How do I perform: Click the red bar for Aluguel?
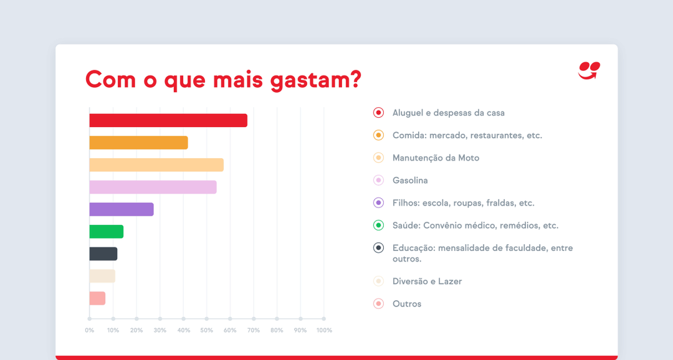168,120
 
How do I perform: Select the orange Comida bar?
138,143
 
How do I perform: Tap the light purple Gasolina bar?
153,187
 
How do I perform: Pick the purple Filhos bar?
122,209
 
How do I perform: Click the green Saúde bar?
107,232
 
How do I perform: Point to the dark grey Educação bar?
103,253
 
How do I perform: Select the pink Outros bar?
97,298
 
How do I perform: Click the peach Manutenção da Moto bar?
156,165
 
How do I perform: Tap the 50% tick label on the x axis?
206,330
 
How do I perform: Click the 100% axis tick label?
324,330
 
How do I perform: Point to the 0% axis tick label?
89,330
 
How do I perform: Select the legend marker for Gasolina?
378,181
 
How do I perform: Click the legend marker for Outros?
378,304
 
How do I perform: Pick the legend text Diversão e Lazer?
427,282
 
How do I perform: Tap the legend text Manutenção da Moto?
436,158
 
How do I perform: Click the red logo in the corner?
588,70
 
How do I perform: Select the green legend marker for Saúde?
378,225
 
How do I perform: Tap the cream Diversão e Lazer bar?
102,276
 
